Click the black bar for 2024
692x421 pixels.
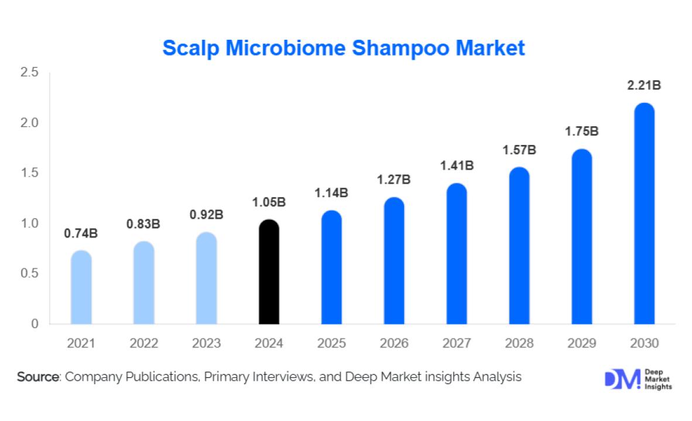[269, 272]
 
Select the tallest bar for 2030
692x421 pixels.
[645, 213]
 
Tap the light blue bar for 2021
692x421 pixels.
[81, 287]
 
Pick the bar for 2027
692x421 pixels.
[457, 254]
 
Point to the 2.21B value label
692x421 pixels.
[644, 86]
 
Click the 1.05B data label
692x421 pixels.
[269, 202]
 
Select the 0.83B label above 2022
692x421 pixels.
[143, 223]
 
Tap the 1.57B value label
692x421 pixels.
[519, 150]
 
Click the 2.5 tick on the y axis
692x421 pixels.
[29, 73]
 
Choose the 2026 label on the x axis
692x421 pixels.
[394, 343]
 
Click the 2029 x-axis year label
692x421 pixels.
[582, 343]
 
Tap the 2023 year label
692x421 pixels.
[206, 343]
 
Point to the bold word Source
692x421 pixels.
[38, 377]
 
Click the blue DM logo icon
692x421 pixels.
[621, 379]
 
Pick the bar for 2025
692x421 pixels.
[331, 267]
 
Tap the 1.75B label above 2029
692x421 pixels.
[582, 131]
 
